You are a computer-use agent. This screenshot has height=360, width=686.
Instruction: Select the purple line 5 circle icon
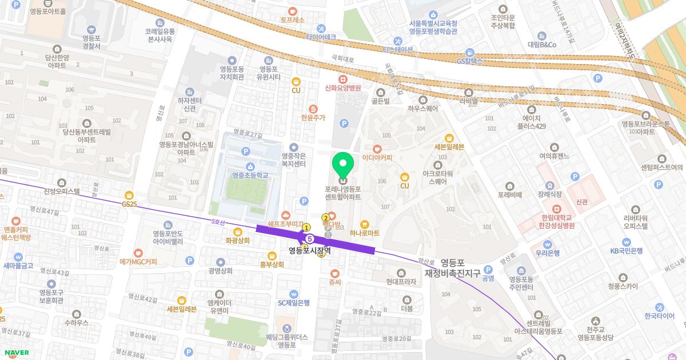[x=310, y=238]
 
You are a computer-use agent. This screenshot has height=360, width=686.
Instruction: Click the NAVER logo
[x=16, y=353]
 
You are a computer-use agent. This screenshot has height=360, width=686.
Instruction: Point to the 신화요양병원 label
[x=343, y=88]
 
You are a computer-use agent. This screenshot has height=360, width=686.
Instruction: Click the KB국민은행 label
[x=626, y=250]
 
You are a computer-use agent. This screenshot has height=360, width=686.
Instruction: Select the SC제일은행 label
[x=293, y=303]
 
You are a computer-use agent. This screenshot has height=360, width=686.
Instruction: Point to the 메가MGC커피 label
[x=138, y=262]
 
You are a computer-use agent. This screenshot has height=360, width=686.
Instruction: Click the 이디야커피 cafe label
[x=377, y=157]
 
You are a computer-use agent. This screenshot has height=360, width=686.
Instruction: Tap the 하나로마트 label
[x=365, y=233]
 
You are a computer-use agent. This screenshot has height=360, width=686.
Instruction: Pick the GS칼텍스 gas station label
[x=470, y=60]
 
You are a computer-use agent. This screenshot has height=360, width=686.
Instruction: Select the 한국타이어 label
[x=659, y=315]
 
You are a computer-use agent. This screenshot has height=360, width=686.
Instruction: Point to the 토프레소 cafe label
[x=292, y=19]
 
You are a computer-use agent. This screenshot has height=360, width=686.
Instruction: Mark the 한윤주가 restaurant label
[x=313, y=117]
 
